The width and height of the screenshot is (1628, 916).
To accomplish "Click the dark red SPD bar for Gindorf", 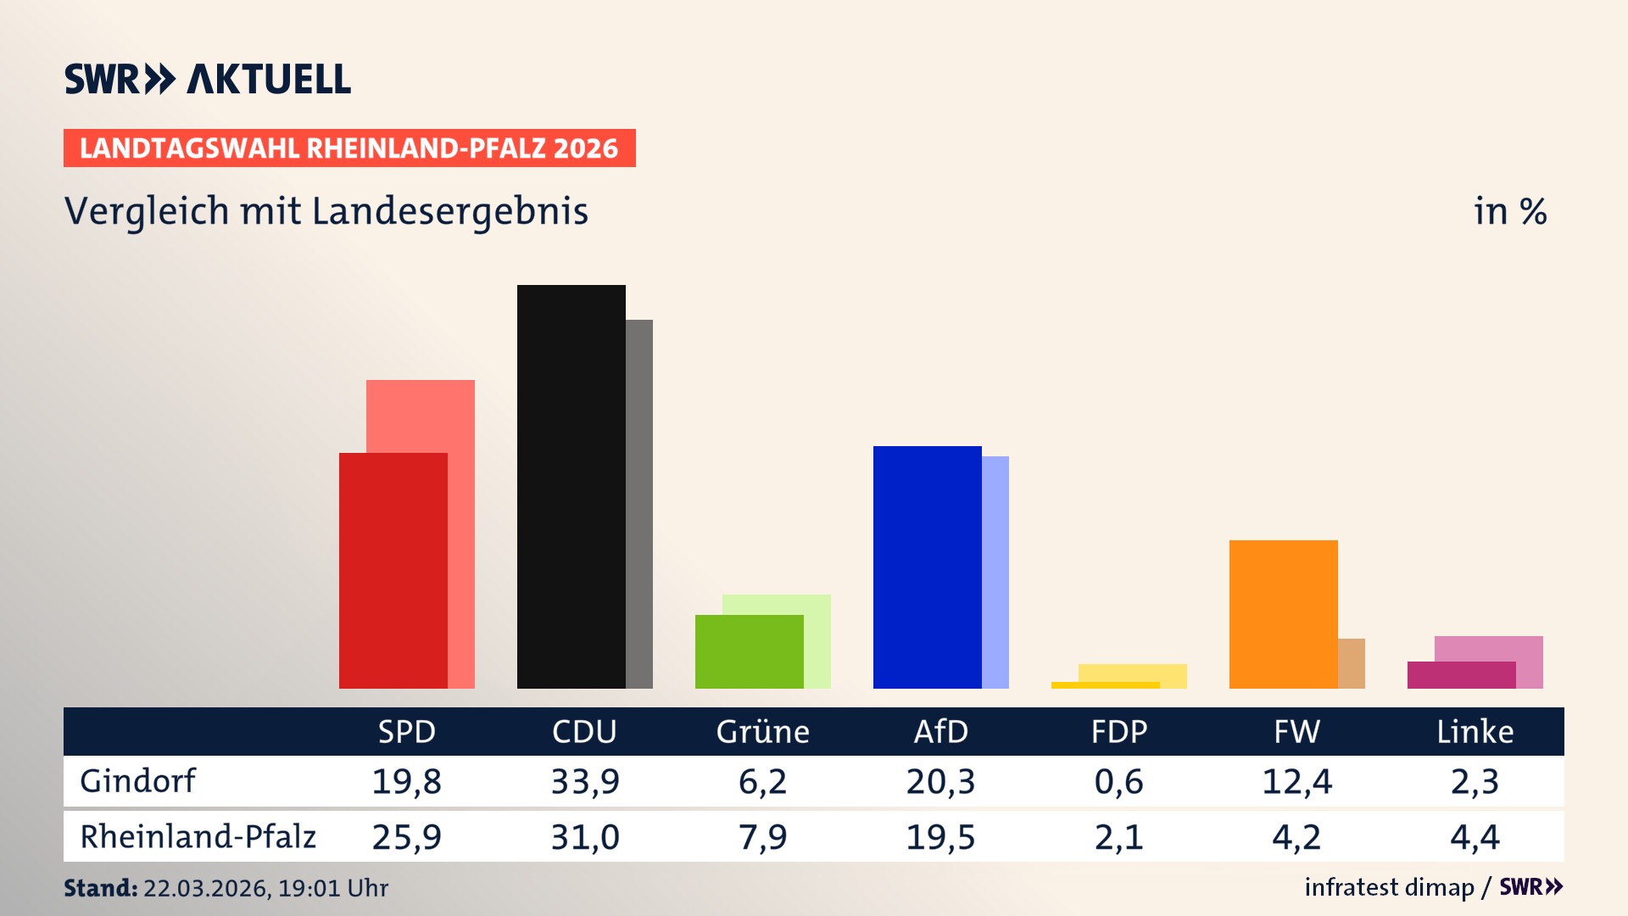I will point(393,570).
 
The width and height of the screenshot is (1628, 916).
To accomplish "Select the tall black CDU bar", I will point(571,486).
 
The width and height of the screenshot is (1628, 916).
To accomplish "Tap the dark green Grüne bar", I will point(749,651).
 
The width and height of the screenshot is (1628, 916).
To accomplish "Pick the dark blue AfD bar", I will point(927,567).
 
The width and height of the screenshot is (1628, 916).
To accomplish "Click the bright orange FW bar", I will point(1283,613).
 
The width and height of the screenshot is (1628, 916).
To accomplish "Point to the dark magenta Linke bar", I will point(1461,675).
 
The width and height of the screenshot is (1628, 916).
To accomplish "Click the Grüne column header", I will point(762,731).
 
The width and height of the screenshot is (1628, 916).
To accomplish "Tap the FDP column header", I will point(1118,731).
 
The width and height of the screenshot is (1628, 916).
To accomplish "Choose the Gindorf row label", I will point(137,780).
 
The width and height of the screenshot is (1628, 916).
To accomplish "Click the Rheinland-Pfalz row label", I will point(198,836).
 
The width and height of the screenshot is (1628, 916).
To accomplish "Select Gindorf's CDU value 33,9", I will point(585,781).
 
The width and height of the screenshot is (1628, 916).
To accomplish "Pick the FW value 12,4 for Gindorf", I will point(1296,781).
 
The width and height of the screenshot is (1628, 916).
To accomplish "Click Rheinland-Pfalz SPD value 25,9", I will point(406,837).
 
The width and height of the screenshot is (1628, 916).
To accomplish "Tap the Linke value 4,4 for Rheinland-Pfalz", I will point(1475,837).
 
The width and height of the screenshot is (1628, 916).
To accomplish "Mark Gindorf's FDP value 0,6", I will point(1118,781).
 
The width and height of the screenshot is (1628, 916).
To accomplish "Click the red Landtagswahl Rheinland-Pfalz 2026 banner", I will point(349,148).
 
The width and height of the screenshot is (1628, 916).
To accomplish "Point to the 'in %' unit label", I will point(1509,211).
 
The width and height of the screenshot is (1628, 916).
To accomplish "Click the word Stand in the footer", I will point(100,888).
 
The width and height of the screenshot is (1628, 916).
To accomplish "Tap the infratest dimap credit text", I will point(1389,887).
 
